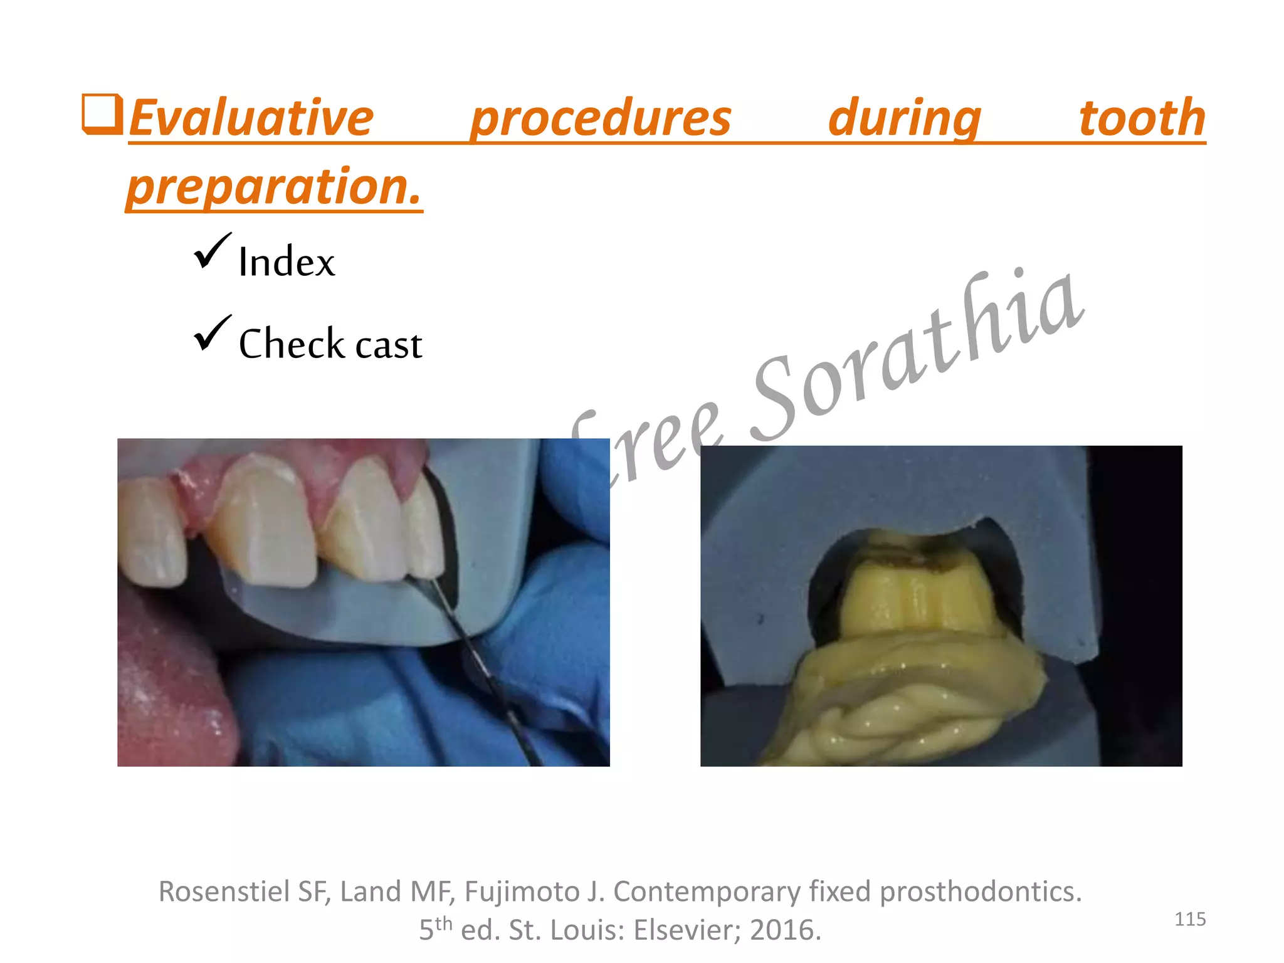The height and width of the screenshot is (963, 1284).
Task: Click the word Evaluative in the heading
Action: coord(251,118)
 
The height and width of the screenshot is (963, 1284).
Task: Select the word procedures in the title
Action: coord(601,118)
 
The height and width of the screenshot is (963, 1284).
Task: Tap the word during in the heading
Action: coord(905,118)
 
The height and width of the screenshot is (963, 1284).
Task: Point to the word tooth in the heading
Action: coord(1142,118)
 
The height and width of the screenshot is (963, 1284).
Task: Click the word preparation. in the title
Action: coord(274,187)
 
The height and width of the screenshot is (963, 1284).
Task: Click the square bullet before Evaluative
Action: coord(102,114)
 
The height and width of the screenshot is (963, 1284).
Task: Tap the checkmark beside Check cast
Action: coord(212,334)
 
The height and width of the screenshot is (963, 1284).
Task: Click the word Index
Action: coord(287,262)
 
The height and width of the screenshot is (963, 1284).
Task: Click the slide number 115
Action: coord(1189,919)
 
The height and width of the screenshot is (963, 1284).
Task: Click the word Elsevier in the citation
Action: coord(686,930)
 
